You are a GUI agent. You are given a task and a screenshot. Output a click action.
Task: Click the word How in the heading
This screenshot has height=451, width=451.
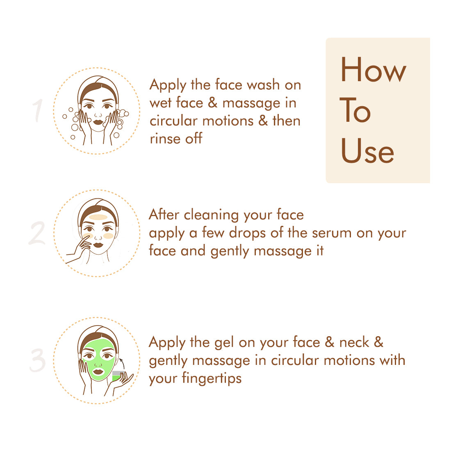[x=374, y=69]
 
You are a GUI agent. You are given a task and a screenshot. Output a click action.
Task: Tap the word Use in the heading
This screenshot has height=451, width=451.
[x=367, y=150]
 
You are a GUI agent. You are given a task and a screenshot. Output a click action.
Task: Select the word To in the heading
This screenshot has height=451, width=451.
[x=355, y=110]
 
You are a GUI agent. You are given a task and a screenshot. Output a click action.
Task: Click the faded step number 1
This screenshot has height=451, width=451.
[x=37, y=111]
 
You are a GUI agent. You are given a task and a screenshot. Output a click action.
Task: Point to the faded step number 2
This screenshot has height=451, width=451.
[x=37, y=233]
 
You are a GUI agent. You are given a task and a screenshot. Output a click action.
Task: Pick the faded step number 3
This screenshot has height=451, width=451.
[x=38, y=360]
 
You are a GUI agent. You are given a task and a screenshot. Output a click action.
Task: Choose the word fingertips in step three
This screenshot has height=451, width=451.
[x=212, y=379]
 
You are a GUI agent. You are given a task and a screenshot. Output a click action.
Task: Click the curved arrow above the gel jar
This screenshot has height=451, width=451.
[x=122, y=363]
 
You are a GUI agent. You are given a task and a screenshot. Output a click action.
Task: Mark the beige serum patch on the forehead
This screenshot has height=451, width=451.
[x=98, y=217]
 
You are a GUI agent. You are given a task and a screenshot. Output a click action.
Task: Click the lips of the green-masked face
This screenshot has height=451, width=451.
[x=98, y=371]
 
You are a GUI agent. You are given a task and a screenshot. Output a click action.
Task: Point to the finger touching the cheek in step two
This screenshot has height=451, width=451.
[x=85, y=238]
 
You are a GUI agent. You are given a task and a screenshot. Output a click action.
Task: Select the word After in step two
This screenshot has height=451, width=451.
[x=164, y=214]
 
